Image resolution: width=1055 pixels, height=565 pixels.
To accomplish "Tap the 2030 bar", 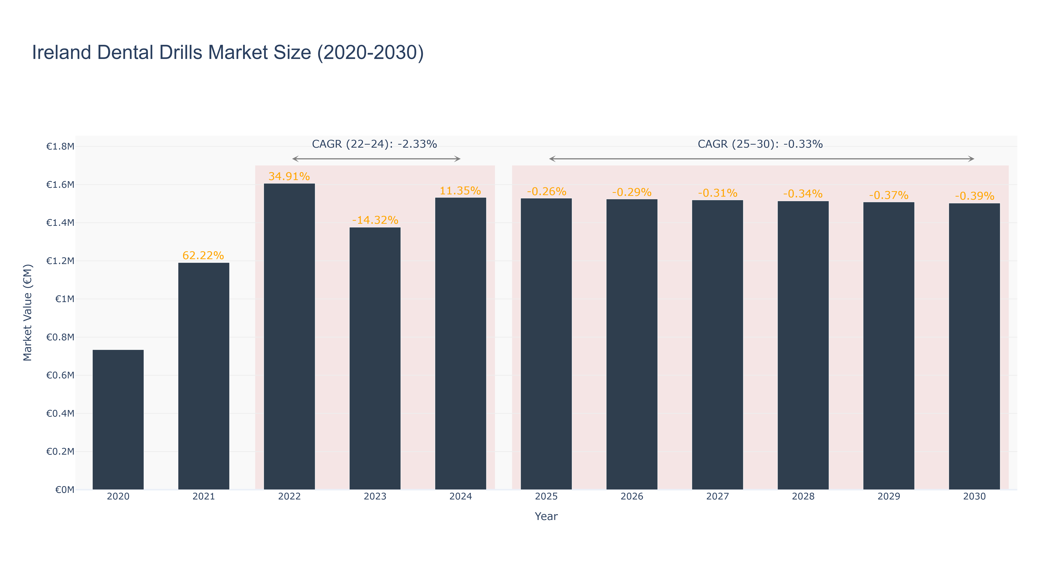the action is coord(974,346).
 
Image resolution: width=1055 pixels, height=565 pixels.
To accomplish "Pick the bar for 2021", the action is coord(203,376).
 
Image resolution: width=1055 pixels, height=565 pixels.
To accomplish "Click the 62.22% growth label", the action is coord(203,256).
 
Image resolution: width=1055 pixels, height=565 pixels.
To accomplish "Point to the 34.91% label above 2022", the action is coord(289,176).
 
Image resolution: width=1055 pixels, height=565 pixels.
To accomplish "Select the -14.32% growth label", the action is coord(375,220).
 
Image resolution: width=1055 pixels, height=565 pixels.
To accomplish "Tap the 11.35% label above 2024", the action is coord(460,191).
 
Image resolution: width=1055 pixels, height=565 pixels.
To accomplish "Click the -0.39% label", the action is coord(974,196).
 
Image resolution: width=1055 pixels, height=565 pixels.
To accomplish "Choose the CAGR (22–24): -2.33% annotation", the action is coord(374,144).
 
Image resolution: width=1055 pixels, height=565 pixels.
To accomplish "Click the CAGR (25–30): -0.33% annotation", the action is coord(760,144).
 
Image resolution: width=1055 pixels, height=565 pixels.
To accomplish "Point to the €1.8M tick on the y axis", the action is coord(60,147).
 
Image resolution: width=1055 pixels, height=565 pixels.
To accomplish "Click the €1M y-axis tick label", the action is coord(65,299).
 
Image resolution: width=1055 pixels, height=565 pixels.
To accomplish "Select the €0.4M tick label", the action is coord(60,414).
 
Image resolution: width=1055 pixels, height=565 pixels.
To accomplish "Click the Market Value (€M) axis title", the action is coord(28,312).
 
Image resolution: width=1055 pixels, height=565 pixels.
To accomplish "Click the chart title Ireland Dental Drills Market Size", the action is coord(228,52).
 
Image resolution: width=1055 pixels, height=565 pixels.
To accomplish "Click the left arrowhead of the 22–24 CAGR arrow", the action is coord(293,159).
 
